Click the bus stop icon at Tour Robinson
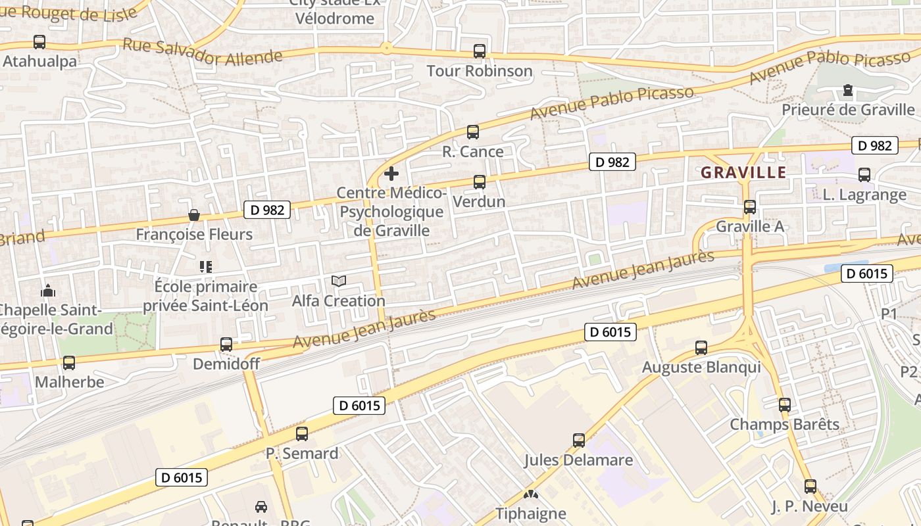[480, 51]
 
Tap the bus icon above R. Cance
[473, 132]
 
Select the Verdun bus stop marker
[480, 182]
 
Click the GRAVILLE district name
[743, 173]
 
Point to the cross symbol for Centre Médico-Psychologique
[391, 174]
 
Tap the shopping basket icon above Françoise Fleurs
[194, 215]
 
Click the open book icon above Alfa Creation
[339, 281]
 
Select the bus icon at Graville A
[750, 207]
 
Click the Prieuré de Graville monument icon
[848, 90]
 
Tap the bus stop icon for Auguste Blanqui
[701, 348]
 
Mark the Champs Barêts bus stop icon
[784, 405]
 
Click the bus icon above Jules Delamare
[579, 441]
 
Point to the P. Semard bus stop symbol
[302, 434]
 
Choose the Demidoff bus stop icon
[226, 345]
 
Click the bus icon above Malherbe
[69, 363]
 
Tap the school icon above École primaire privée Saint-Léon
[206, 267]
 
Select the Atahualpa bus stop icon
[39, 42]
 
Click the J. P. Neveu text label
[809, 507]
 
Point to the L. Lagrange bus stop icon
[864, 175]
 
